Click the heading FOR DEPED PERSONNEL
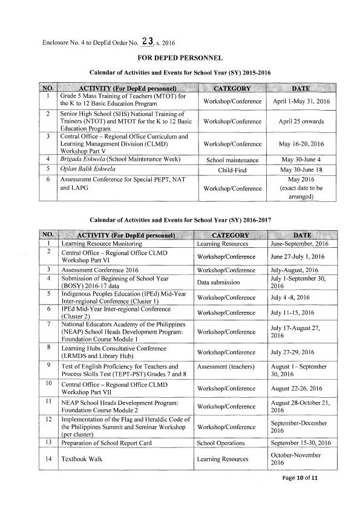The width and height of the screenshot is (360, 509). coord(180,58)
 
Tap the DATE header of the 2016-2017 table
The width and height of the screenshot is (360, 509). coord(301,235)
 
